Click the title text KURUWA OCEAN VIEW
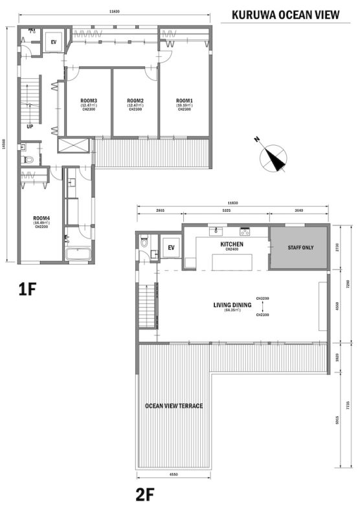(x=285, y=15)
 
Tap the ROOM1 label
(x=185, y=101)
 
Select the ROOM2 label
(x=135, y=101)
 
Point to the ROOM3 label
(x=89, y=101)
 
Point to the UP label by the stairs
(x=30, y=127)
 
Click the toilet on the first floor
(x=25, y=157)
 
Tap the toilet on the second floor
(x=144, y=244)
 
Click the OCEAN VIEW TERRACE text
(x=174, y=406)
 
